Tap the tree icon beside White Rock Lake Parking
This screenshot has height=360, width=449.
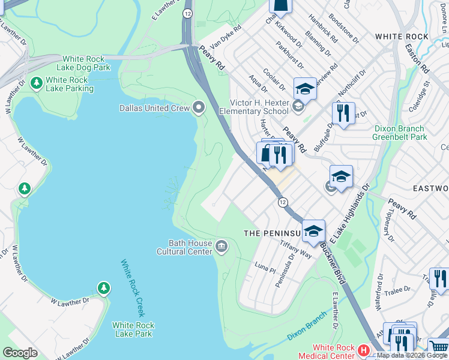pos(36,81)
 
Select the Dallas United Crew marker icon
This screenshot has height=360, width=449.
pos(199,108)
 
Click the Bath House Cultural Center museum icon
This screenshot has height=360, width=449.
pos(221,245)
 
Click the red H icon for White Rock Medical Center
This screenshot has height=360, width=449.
pos(363,350)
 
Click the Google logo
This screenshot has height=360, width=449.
pos(20,353)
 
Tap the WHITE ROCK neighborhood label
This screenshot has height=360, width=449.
pos(402,37)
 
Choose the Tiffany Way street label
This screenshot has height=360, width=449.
pos(296,251)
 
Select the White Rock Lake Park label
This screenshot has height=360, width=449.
pos(133,329)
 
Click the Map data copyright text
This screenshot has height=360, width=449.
pos(408,355)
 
